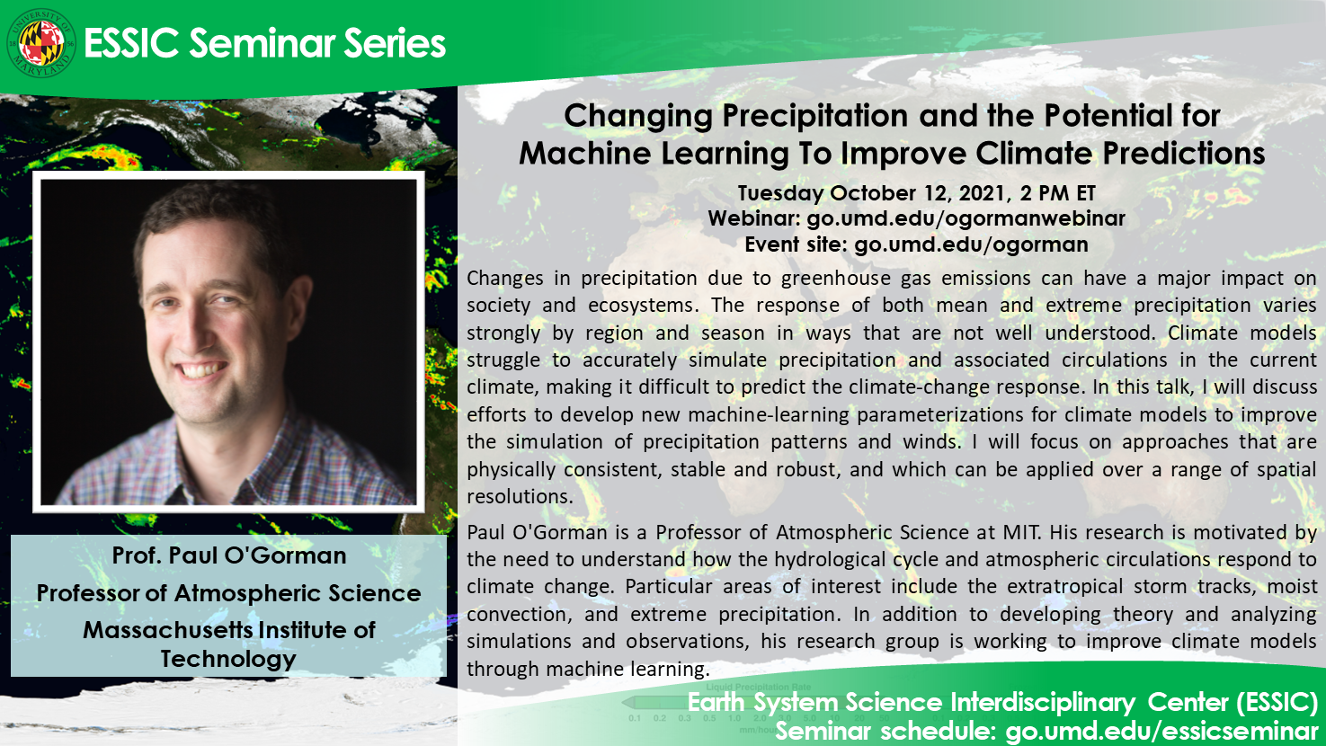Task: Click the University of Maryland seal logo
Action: click(x=40, y=43)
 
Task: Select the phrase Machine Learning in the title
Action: click(x=654, y=155)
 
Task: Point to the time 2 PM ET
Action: click(x=1058, y=193)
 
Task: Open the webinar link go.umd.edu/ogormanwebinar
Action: click(x=966, y=219)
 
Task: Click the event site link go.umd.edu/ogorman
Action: click(x=971, y=244)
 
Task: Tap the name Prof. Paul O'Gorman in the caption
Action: click(x=229, y=555)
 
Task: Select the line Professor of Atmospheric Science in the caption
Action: click(x=228, y=593)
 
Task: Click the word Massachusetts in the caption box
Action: click(x=163, y=630)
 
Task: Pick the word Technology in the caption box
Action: click(x=228, y=660)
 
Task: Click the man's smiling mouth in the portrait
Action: click(x=202, y=370)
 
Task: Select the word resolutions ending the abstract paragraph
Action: click(x=520, y=496)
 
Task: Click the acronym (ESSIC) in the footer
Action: click(x=1277, y=702)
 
